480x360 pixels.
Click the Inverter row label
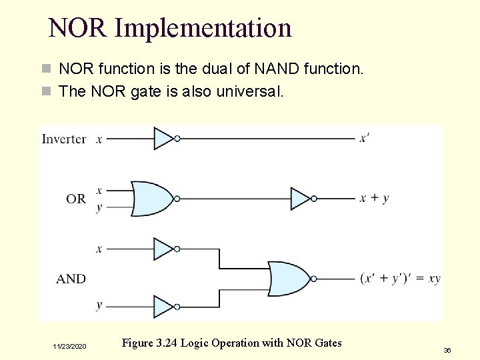(x=64, y=139)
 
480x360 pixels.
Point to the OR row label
(x=75, y=198)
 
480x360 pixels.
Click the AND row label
(x=71, y=279)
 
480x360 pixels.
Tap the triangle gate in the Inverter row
(x=164, y=138)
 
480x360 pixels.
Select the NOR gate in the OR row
(x=153, y=198)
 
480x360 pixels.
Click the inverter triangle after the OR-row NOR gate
(x=301, y=198)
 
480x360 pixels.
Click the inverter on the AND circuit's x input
(x=164, y=249)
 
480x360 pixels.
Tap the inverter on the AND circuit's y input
(x=164, y=307)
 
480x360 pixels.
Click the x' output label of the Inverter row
(x=365, y=138)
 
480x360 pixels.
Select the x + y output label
(x=374, y=198)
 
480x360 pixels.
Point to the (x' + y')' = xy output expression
(x=400, y=278)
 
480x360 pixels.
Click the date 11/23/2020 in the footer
(x=70, y=347)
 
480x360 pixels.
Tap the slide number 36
(x=447, y=349)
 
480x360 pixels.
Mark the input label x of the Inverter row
(x=99, y=139)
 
